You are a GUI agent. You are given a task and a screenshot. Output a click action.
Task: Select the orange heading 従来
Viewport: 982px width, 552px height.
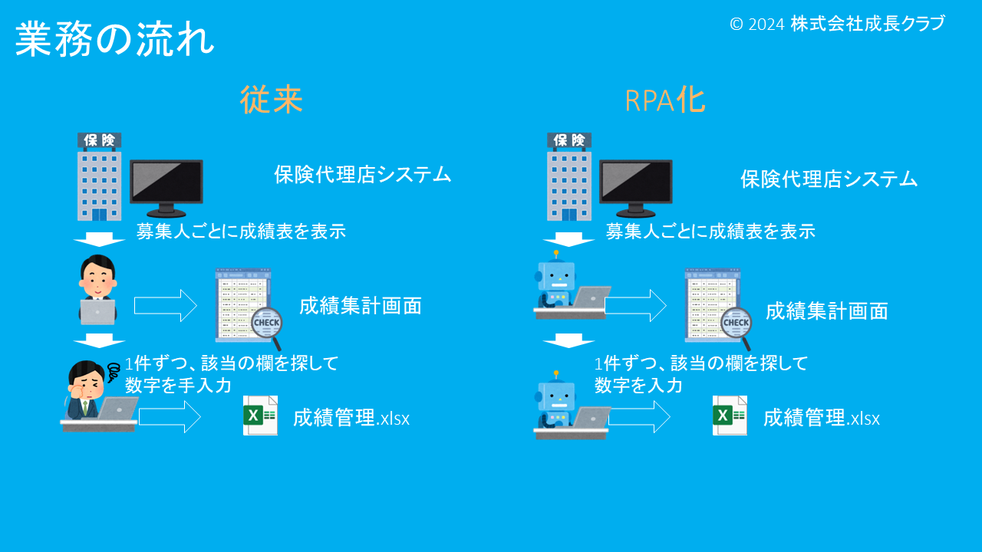(x=272, y=100)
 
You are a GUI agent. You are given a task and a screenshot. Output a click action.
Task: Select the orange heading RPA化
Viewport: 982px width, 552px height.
(x=665, y=100)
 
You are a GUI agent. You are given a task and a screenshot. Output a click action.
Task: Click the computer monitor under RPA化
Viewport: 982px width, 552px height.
(x=635, y=187)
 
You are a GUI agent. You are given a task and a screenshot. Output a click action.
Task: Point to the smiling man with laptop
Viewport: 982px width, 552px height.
(x=97, y=290)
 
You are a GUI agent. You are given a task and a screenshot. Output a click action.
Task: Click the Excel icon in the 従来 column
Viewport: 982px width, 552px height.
(x=260, y=416)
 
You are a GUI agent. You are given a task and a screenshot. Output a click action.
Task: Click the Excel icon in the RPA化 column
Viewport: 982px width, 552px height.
(x=730, y=416)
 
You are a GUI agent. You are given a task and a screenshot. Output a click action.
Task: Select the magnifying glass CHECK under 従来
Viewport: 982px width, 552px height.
(x=267, y=324)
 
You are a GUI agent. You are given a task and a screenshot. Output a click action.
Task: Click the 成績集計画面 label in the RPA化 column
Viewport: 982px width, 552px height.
(x=826, y=310)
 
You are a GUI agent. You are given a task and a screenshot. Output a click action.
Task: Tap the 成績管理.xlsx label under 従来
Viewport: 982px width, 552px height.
(x=351, y=419)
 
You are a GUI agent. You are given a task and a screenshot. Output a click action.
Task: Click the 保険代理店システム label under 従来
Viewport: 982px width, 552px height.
(x=363, y=175)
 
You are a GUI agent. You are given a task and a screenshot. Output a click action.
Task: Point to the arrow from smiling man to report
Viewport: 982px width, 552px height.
(x=166, y=305)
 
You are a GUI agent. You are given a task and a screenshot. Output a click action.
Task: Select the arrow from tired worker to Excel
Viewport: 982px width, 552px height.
(x=170, y=416)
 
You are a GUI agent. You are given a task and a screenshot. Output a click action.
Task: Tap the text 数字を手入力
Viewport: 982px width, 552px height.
(x=178, y=385)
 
